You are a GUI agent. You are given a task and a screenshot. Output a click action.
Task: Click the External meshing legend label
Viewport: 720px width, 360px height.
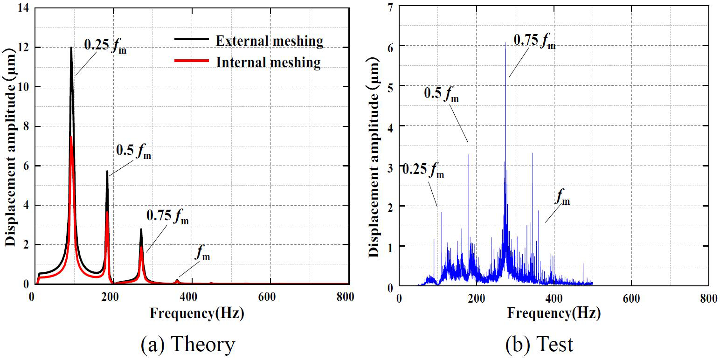click(269, 41)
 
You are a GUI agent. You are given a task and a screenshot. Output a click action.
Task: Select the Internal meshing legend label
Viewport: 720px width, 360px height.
click(268, 62)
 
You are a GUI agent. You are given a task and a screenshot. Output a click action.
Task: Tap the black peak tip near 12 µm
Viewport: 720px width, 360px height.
click(71, 48)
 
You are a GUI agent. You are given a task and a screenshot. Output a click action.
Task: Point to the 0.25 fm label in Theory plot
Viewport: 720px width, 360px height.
click(105, 45)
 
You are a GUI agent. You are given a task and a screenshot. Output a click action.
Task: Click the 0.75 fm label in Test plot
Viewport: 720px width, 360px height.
click(534, 41)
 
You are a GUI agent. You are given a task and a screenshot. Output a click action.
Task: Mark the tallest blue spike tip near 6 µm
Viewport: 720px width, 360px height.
click(505, 42)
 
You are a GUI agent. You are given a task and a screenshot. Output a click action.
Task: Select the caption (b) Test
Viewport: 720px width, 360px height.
click(539, 345)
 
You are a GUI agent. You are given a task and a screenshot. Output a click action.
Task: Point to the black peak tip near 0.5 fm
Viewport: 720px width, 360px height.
click(107, 171)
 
